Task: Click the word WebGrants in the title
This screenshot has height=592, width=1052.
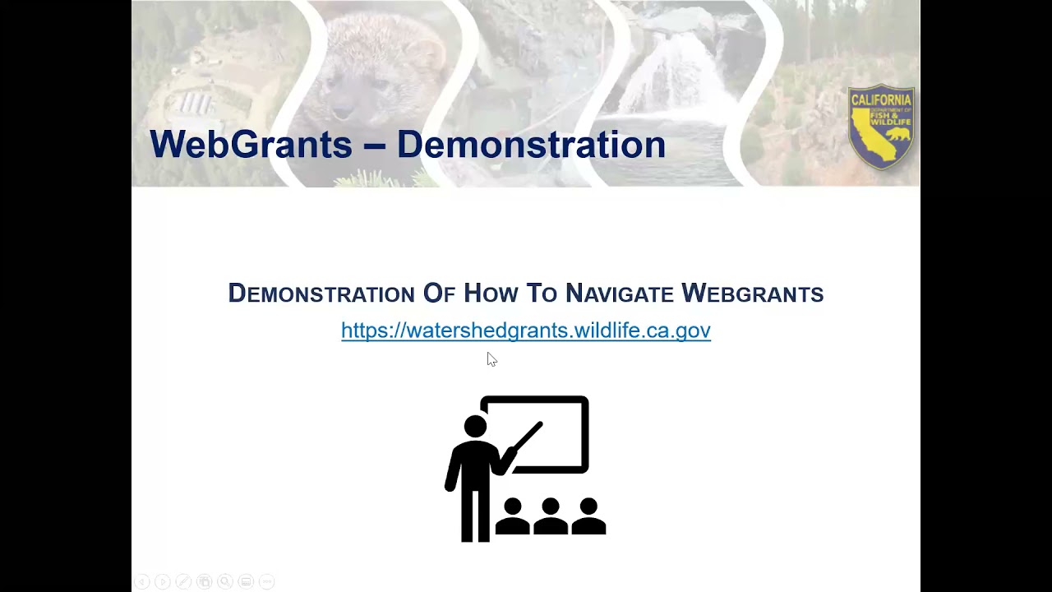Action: tap(251, 145)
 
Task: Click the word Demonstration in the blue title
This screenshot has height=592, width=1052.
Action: tap(531, 145)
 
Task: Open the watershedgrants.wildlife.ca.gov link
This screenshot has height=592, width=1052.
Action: tap(526, 331)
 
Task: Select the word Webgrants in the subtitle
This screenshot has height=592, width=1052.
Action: tap(752, 294)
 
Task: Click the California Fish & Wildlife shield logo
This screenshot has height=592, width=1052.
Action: tap(881, 127)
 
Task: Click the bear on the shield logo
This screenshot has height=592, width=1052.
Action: tap(899, 134)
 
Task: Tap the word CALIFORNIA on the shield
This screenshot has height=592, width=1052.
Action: tap(881, 99)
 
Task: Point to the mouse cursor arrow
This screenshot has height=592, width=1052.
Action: tap(491, 359)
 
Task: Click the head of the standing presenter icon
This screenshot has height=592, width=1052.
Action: tap(475, 427)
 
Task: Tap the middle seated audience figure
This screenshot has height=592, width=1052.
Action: tap(550, 516)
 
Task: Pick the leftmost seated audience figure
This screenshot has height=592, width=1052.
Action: tap(512, 516)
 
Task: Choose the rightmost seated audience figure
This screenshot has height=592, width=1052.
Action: tap(588, 516)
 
